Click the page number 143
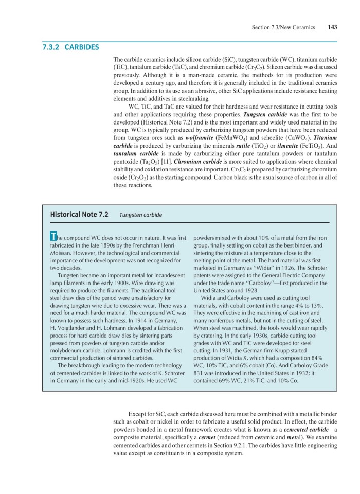pos(332,27)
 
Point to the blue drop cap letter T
pos(52,237)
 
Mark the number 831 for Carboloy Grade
pos(200,373)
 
